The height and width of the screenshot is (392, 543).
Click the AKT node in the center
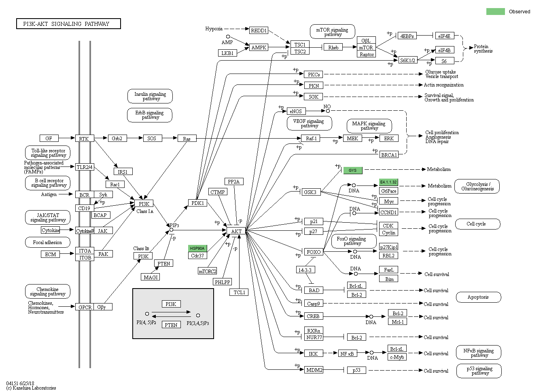tap(236, 231)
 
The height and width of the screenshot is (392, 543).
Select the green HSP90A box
tap(197, 248)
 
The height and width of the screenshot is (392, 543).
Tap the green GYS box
tap(352, 170)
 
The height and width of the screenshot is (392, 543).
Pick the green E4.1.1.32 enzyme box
tap(388, 182)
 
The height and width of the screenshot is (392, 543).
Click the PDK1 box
tap(197, 203)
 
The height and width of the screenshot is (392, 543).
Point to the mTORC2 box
tap(207, 271)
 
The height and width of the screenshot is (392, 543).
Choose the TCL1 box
tap(239, 292)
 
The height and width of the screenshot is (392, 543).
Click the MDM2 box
tap(314, 370)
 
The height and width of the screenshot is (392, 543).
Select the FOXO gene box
tap(314, 252)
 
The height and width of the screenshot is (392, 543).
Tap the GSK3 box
tap(310, 192)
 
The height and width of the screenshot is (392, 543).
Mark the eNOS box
tap(295, 111)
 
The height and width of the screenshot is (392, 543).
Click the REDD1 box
tap(259, 30)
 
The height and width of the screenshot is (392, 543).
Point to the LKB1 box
tap(227, 53)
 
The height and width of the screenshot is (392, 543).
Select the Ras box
tap(187, 139)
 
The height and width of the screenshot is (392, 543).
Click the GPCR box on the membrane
tap(85, 307)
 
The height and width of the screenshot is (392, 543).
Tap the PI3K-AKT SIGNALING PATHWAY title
tap(68, 24)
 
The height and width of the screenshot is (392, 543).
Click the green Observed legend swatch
tap(495, 11)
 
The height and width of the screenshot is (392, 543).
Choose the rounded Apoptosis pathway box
tap(478, 297)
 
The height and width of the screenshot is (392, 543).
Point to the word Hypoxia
tap(214, 29)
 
